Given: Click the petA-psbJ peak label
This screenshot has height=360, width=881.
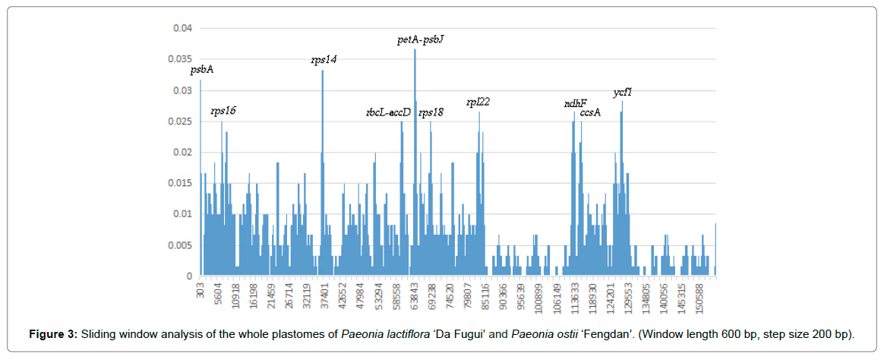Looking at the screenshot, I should [x=421, y=39].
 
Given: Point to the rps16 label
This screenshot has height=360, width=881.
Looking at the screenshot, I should [x=223, y=111].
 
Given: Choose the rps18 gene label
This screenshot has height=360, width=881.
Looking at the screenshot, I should [x=431, y=112].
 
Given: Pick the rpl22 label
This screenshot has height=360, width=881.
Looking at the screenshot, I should [x=478, y=102].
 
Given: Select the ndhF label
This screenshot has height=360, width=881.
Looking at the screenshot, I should [x=574, y=103].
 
